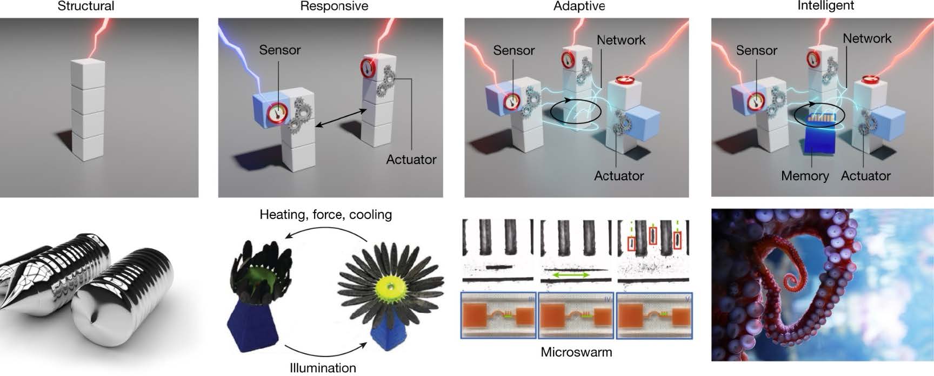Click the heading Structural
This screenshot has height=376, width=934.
pyautogui.click(x=86, y=6)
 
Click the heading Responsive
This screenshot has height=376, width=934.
pyautogui.click(x=334, y=6)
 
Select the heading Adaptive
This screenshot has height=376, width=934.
pyautogui.click(x=579, y=6)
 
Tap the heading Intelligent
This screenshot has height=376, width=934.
pyautogui.click(x=825, y=5)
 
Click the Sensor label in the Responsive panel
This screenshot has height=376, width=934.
pyautogui.click(x=279, y=50)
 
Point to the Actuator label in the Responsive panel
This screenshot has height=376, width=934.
pyautogui.click(x=411, y=160)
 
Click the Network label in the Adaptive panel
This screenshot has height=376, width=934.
pyautogui.click(x=621, y=39)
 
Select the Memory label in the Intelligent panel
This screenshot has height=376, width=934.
pyautogui.click(x=804, y=176)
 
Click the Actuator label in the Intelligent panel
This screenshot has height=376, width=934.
pyautogui.click(x=865, y=176)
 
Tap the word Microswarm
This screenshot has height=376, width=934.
pyautogui.click(x=576, y=352)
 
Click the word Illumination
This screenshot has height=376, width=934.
pyautogui.click(x=323, y=368)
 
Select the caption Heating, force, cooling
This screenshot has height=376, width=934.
pyautogui.click(x=325, y=214)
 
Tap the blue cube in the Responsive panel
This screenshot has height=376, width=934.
pyautogui.click(x=265, y=111)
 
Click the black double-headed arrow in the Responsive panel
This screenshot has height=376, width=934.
pyautogui.click(x=339, y=118)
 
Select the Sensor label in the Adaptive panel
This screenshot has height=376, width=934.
pyautogui.click(x=513, y=50)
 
